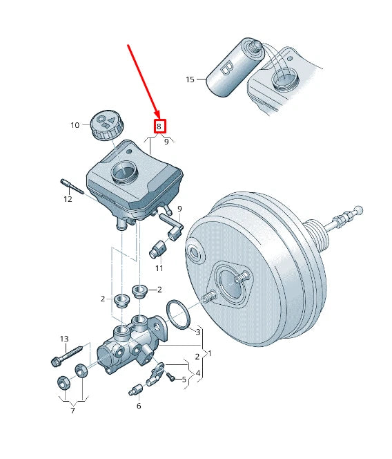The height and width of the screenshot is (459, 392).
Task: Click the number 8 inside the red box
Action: [159, 127]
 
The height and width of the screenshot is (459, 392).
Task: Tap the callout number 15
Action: [190, 79]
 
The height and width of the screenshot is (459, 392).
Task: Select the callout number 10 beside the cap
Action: [75, 125]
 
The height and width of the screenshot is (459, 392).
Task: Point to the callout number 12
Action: [68, 199]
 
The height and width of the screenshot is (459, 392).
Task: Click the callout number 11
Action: [159, 268]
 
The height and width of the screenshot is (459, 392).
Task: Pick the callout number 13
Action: [64, 339]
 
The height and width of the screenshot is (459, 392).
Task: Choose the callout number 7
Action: [72, 411]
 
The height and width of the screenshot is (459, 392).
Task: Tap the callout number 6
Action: [138, 406]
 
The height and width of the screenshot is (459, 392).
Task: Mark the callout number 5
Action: [184, 380]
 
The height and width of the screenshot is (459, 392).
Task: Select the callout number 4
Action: [198, 374]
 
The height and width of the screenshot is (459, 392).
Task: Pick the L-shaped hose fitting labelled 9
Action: [171, 225]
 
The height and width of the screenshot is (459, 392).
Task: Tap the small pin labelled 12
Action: [72, 187]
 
